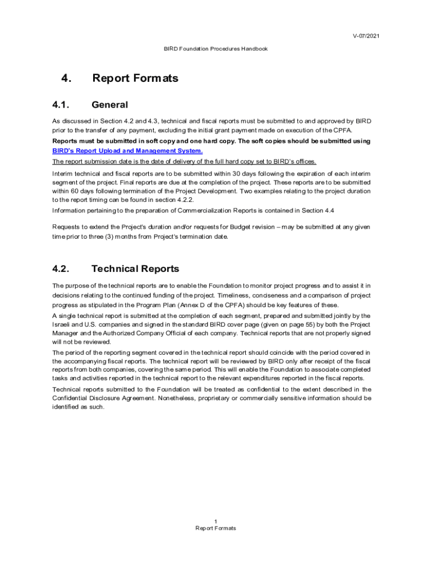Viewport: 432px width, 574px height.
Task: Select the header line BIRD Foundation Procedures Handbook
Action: point(215,49)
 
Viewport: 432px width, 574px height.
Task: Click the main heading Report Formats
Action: point(135,78)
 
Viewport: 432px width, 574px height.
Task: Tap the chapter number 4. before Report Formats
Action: point(66,78)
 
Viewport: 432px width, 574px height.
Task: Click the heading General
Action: point(109,105)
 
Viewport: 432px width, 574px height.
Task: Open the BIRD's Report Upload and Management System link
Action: point(127,151)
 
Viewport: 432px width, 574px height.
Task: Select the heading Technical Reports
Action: point(135,269)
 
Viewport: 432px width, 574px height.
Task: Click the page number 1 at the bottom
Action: point(215,521)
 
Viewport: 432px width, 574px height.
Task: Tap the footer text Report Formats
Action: point(215,529)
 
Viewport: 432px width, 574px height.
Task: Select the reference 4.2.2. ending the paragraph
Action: point(182,200)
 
